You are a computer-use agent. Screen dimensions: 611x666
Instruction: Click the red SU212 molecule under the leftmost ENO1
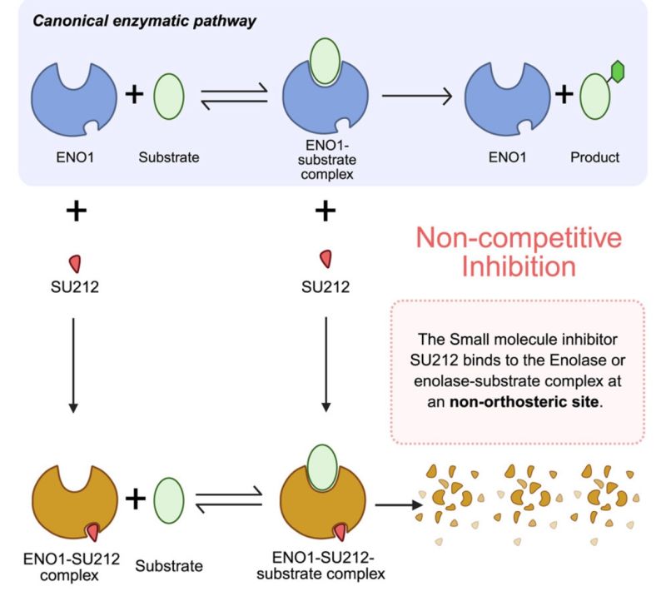[74, 263]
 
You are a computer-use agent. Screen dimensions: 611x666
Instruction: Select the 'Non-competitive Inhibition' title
[519, 252]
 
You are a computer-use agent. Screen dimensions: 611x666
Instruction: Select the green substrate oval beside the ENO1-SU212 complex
[170, 499]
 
